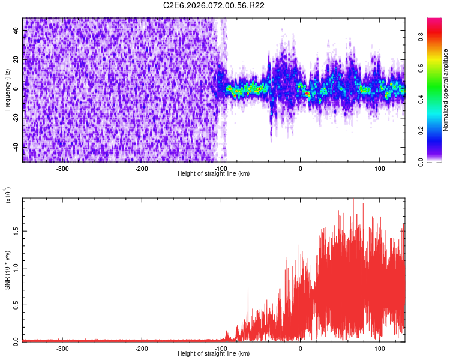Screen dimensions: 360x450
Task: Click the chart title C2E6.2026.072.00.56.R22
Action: (x=214, y=5)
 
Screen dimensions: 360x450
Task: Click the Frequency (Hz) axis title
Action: (x=7, y=90)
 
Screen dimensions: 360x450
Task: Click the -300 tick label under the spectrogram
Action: (x=62, y=169)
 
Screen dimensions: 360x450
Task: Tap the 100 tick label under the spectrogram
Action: (x=380, y=169)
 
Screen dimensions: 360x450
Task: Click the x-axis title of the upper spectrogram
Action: (x=214, y=174)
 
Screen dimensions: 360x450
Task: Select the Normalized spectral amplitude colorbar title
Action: (x=445, y=90)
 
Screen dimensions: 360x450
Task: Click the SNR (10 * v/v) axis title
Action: (x=7, y=269)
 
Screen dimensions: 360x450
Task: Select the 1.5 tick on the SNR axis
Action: (x=16, y=230)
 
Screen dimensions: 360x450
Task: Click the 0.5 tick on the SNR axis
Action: (x=16, y=304)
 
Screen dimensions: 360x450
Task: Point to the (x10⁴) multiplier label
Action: (x=8, y=196)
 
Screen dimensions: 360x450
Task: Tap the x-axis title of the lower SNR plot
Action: (x=214, y=353)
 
